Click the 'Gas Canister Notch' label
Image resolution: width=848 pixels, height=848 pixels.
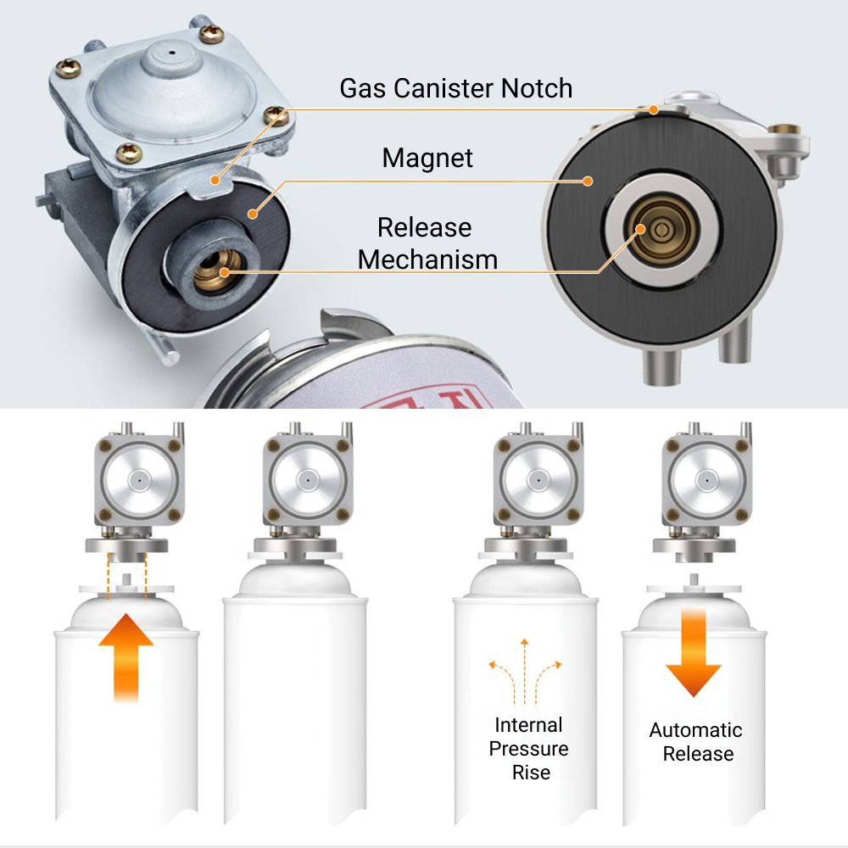coord(456,88)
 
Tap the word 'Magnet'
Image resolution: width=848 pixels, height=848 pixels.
coord(427,158)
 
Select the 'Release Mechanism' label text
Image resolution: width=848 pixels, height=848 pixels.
coord(427,243)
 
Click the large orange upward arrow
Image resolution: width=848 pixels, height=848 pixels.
coord(126,658)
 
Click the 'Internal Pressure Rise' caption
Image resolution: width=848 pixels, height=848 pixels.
coord(529,749)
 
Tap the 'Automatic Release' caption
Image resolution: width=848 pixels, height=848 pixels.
coord(696,741)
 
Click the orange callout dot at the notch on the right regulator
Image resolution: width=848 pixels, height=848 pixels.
coord(654,109)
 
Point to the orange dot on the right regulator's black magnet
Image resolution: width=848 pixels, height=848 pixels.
coord(589,181)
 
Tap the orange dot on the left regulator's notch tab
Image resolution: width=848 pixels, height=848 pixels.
coord(215,180)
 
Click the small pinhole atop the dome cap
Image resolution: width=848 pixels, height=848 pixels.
coord(172,53)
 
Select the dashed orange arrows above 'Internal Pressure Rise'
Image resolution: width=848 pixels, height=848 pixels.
coord(525,671)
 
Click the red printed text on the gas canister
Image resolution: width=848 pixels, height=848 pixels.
coord(427,400)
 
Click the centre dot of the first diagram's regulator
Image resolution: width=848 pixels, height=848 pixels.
coord(140,479)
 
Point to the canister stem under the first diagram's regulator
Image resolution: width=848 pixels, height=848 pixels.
coord(126,579)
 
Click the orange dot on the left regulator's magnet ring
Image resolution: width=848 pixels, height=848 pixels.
coord(253,215)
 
